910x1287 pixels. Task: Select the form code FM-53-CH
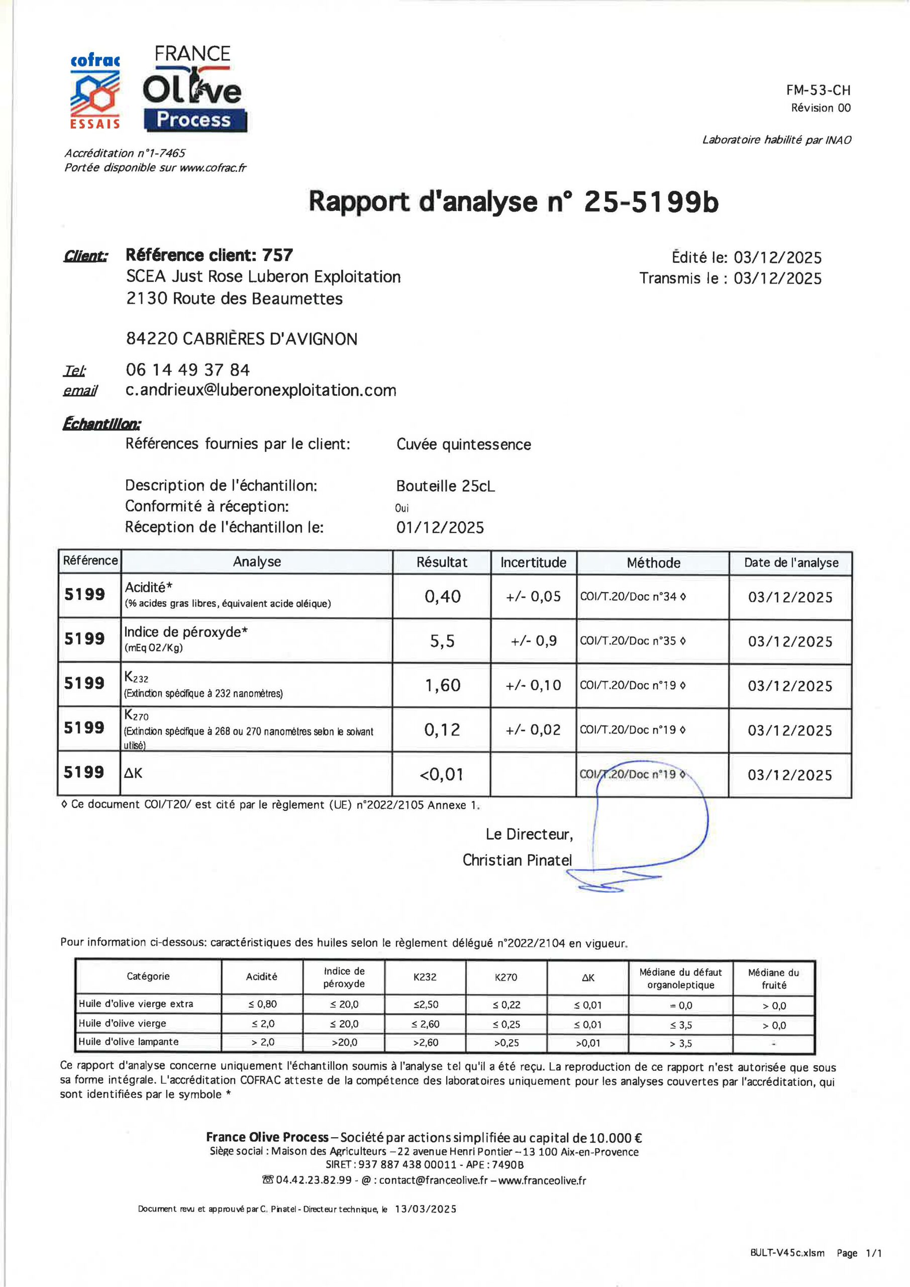point(818,89)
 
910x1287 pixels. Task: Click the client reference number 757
point(277,255)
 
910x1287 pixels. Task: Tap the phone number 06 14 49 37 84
point(188,370)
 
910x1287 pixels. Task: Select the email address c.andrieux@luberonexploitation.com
point(261,390)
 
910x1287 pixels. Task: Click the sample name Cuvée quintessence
point(463,444)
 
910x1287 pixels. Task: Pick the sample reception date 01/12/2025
point(440,527)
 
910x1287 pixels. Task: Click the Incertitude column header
point(534,563)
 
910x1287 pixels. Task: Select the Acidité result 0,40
point(442,597)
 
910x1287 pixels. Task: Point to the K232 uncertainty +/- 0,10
point(534,686)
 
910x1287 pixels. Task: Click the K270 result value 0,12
point(442,730)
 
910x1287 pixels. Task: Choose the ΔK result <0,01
point(442,775)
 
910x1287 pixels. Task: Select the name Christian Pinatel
point(517,860)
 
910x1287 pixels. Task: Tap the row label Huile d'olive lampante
point(128,1042)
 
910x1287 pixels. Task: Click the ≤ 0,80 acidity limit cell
point(262,1004)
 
